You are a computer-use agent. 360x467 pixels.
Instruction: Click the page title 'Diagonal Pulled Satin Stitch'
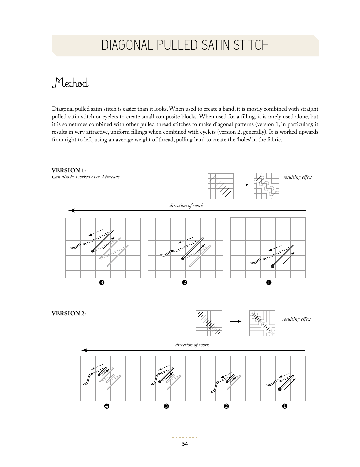pyautogui.click(x=185, y=45)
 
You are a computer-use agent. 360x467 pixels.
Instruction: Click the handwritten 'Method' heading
pyautogui.click(x=70, y=83)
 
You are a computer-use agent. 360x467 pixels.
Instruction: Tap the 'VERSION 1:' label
pyautogui.click(x=69, y=170)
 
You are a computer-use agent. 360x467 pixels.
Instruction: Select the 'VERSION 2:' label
pyautogui.click(x=69, y=313)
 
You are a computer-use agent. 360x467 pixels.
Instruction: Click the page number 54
pyautogui.click(x=185, y=444)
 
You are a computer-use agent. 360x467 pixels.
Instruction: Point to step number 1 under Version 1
pyautogui.click(x=269, y=283)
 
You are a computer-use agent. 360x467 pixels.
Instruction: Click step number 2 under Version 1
pyautogui.click(x=185, y=283)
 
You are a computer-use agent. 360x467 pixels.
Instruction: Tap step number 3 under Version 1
pyautogui.click(x=102, y=283)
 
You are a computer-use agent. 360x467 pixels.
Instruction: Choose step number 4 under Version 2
pyautogui.click(x=106, y=406)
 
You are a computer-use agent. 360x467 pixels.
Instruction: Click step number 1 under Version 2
pyautogui.click(x=285, y=406)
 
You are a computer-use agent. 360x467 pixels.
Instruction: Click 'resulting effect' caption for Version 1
pyautogui.click(x=298, y=177)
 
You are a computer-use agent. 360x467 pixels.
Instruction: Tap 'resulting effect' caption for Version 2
pyautogui.click(x=296, y=319)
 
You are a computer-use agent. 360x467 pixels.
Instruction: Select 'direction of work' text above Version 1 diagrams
pyautogui.click(x=186, y=205)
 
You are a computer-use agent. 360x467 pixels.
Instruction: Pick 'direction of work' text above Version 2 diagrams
pyautogui.click(x=192, y=345)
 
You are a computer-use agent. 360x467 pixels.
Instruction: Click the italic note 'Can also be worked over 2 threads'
pyautogui.click(x=86, y=177)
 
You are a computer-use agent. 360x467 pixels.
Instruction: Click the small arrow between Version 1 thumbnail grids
pyautogui.click(x=244, y=185)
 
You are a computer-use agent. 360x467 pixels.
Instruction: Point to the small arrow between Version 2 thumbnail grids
pyautogui.click(x=235, y=321)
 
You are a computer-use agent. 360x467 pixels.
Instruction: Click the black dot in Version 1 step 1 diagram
pyautogui.click(x=272, y=266)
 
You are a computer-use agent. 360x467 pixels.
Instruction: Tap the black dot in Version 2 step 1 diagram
pyautogui.click(x=280, y=389)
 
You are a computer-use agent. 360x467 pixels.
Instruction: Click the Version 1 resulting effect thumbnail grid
pyautogui.click(x=266, y=186)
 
